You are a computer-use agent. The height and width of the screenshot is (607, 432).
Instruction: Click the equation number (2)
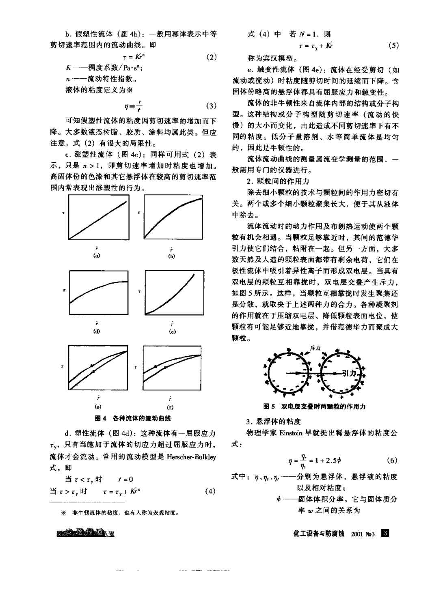coord(212,57)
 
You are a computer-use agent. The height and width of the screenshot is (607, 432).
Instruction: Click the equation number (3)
coord(212,106)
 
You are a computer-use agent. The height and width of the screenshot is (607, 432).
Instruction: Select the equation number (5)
coord(393,46)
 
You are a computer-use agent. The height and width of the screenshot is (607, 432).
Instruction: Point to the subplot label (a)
coord(97,256)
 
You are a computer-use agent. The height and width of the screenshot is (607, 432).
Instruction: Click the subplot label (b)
coord(171,256)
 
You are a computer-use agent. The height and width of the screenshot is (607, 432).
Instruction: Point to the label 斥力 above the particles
coord(315,348)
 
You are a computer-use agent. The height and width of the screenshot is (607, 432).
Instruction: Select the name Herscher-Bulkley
coord(190,457)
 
